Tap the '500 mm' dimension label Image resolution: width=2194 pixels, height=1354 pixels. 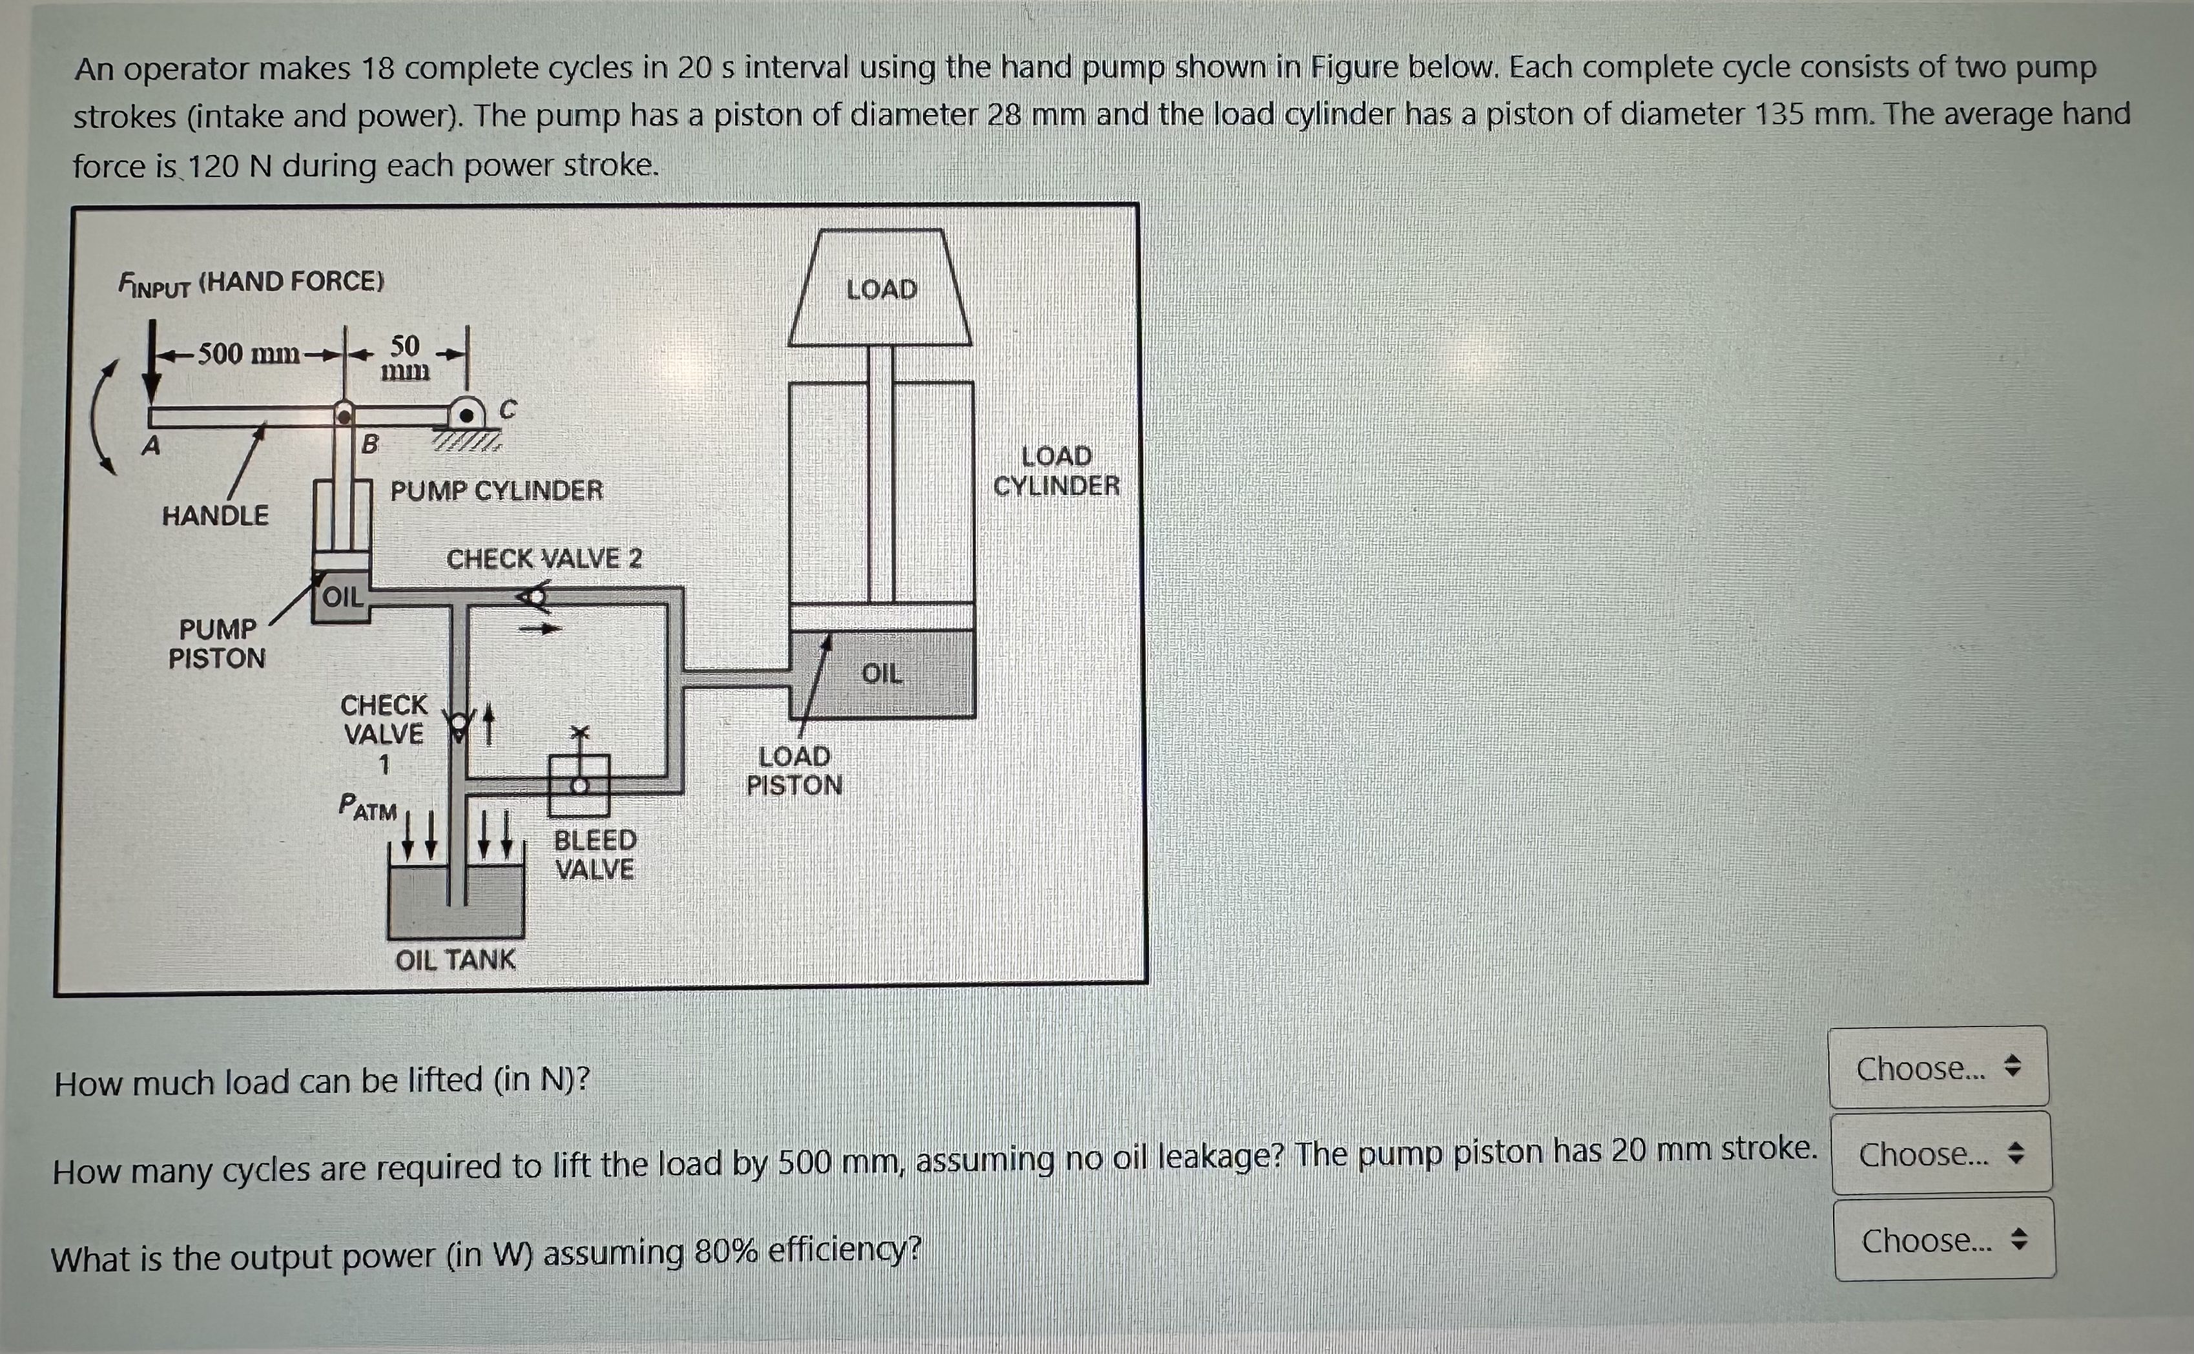coord(248,354)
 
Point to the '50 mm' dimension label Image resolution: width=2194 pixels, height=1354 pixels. coord(404,357)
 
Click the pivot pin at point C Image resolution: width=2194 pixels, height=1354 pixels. coord(466,415)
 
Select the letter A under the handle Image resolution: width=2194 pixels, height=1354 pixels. coord(151,444)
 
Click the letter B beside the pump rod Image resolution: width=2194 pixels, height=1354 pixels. coord(369,443)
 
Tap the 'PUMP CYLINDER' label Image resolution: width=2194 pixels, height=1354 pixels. coord(497,491)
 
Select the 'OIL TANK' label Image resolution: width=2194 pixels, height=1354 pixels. coord(455,959)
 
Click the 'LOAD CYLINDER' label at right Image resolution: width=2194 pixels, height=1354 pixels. coord(1056,471)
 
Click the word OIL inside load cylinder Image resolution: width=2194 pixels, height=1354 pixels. coord(882,673)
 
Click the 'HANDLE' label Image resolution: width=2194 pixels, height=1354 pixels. coord(215,516)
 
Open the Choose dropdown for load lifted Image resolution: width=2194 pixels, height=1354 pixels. coord(1938,1067)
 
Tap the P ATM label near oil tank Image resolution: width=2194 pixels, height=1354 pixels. coord(368,807)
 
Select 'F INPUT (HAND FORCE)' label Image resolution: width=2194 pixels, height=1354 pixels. coord(251,283)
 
